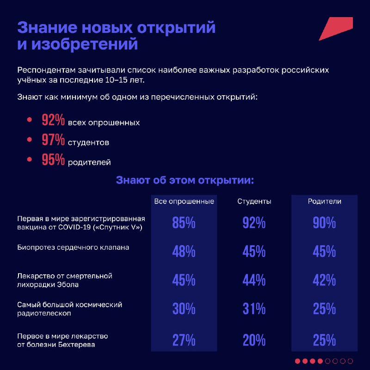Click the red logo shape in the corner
(x=338, y=28)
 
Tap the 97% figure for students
(x=53, y=140)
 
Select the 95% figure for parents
(x=53, y=159)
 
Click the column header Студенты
(x=254, y=201)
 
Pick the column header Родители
(x=325, y=201)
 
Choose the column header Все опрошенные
(x=184, y=201)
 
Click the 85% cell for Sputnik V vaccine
(x=184, y=222)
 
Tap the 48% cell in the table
(x=184, y=251)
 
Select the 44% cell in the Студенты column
(x=254, y=280)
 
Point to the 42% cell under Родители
(x=324, y=280)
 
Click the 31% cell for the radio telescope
(x=254, y=308)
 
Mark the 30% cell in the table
(x=184, y=308)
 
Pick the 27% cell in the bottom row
(x=184, y=340)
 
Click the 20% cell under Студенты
(x=254, y=340)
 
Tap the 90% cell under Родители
(x=324, y=222)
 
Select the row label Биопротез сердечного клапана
(x=73, y=247)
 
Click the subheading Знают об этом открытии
(x=185, y=180)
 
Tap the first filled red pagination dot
(x=297, y=361)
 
